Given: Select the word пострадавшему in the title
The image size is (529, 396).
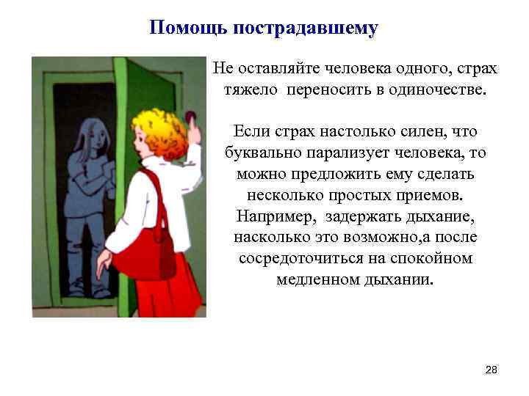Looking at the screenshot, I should coord(305,29).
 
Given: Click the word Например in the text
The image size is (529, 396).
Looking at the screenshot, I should coord(271,217).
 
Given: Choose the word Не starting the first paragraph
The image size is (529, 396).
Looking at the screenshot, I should coord(221,69).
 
